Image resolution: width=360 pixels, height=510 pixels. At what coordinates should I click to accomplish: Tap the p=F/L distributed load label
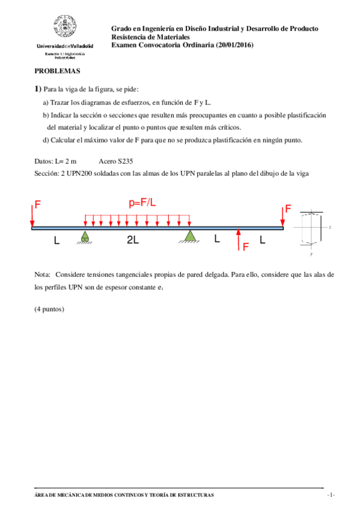point(142,203)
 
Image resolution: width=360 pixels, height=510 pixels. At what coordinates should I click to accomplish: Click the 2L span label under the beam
point(133,241)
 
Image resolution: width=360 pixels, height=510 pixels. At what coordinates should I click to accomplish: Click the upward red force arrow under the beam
point(239,238)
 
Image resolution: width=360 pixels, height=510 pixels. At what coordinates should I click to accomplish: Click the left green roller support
point(84,238)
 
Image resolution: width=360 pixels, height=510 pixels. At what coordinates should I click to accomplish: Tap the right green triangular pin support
point(189,236)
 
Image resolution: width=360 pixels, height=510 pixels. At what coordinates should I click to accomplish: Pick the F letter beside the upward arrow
point(246,246)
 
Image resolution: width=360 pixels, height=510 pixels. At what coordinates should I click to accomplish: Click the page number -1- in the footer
point(330,495)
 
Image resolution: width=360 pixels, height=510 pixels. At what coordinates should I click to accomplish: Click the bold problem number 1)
point(38,89)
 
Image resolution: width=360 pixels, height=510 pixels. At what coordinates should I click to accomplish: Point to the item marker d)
point(46,140)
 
